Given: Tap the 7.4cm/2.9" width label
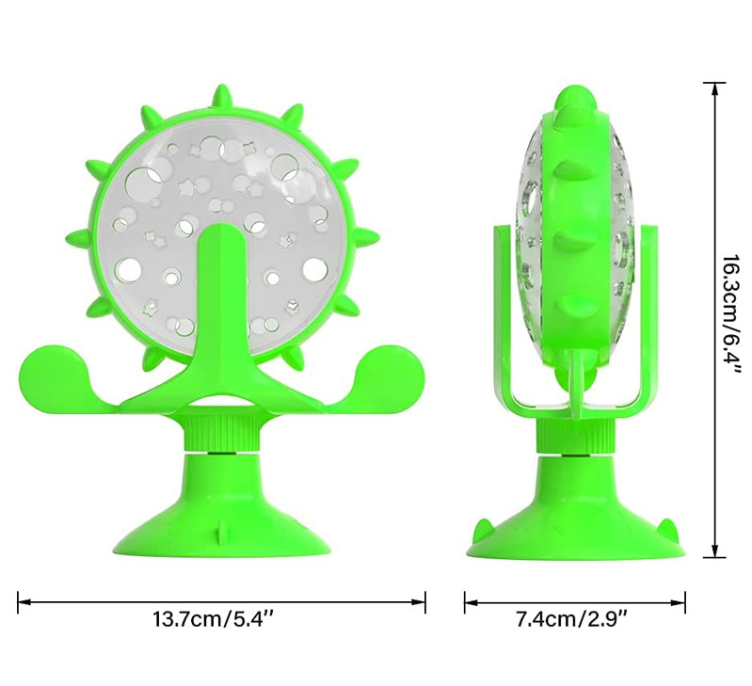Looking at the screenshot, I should click(x=573, y=621).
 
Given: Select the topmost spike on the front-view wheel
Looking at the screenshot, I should click(x=222, y=95).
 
